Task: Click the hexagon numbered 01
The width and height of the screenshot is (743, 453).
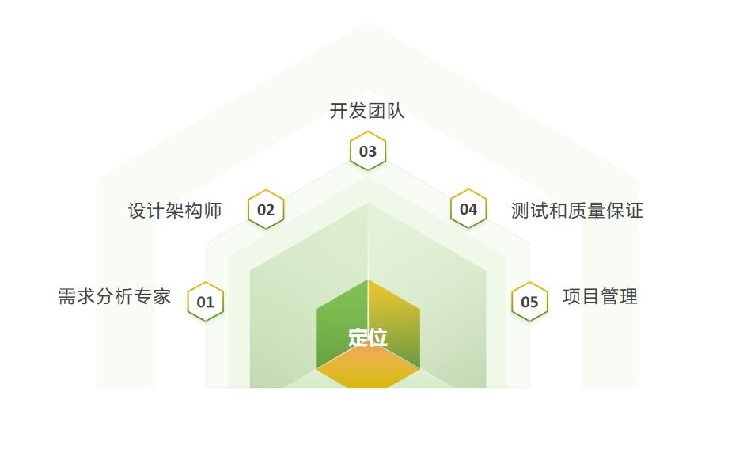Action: pyautogui.click(x=206, y=302)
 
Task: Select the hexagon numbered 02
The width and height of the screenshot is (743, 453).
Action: pyautogui.click(x=266, y=210)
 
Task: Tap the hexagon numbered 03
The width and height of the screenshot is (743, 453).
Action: pyautogui.click(x=368, y=151)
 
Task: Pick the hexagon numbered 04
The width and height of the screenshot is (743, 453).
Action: pyautogui.click(x=468, y=209)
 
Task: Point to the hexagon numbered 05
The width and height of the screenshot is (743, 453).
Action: pyautogui.click(x=529, y=302)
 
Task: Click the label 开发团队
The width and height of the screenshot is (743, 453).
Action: pyautogui.click(x=367, y=111)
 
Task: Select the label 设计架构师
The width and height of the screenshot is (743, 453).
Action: pyautogui.click(x=175, y=211)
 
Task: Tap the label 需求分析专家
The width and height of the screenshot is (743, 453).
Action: pyautogui.click(x=114, y=297)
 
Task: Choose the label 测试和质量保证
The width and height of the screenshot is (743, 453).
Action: pyautogui.click(x=577, y=211)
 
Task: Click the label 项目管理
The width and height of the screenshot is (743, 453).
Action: pyautogui.click(x=600, y=297)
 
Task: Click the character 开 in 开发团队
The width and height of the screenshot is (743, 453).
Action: pyautogui.click(x=339, y=111)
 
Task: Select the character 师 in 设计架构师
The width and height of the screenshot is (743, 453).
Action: pyautogui.click(x=213, y=211)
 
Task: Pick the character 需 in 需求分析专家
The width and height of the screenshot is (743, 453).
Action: pyautogui.click(x=67, y=297)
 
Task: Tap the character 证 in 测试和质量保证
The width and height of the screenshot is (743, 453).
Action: pyautogui.click(x=634, y=211)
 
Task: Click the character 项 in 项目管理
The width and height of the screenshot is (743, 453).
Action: pyautogui.click(x=572, y=297)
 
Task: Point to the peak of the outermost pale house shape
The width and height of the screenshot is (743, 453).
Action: pyautogui.click(x=368, y=24)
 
